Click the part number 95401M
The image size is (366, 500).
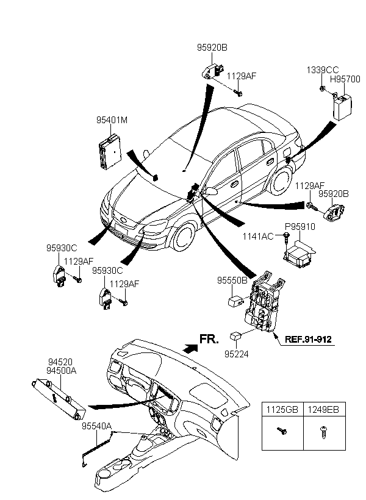[x=112, y=120]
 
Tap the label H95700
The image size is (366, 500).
[x=345, y=79]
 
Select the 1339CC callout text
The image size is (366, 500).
[x=323, y=70]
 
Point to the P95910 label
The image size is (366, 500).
[x=300, y=227]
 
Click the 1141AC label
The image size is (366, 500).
[x=258, y=237]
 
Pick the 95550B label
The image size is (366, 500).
[x=232, y=280]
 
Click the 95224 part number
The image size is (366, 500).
[x=237, y=354]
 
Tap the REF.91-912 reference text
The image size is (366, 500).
[x=308, y=339]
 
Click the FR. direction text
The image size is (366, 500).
[x=209, y=339]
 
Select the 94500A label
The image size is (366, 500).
[x=62, y=371]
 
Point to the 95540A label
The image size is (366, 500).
[x=97, y=426]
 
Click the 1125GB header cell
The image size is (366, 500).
[x=282, y=409]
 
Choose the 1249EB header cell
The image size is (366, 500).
[x=324, y=409]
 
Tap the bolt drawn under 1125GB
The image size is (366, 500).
[x=282, y=431]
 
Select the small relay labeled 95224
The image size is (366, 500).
[x=236, y=337]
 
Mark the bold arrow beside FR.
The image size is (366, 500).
[x=190, y=348]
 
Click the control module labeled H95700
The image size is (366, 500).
[x=342, y=107]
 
